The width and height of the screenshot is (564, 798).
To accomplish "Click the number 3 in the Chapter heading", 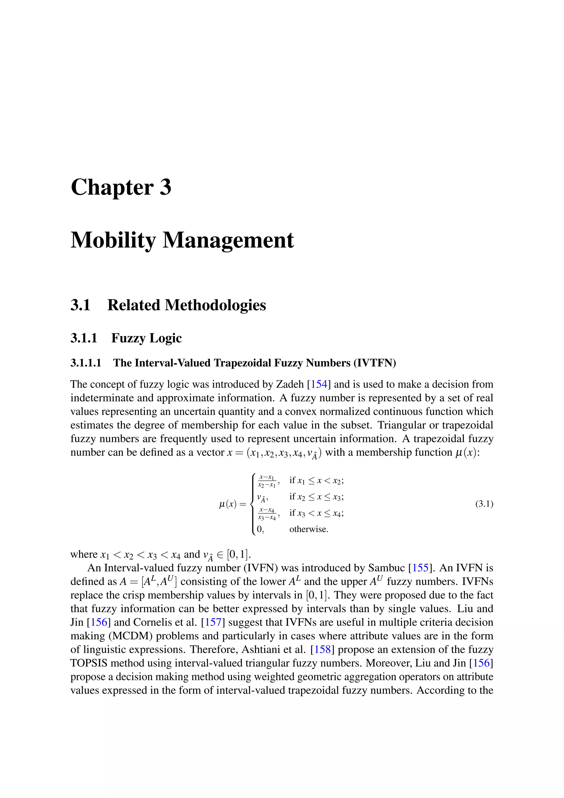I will [165, 187].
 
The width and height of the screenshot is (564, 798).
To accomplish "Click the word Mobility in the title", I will [113, 240].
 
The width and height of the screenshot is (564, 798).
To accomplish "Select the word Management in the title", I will [228, 240].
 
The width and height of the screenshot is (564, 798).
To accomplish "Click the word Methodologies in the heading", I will [215, 305].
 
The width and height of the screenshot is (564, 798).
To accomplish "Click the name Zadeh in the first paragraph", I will [290, 384].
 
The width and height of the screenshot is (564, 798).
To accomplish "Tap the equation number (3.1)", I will [484, 504].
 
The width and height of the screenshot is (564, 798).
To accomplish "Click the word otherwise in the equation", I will [309, 529].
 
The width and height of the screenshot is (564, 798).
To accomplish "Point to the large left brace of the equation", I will [253, 504].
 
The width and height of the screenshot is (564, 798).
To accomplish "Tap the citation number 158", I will [322, 649].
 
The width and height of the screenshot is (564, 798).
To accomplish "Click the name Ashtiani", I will [261, 649].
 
